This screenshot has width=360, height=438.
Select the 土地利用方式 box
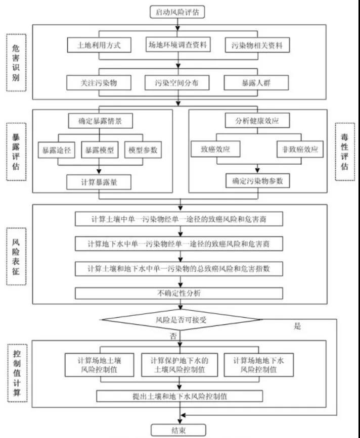(x=99, y=45)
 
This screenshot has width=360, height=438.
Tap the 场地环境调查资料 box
(x=177, y=45)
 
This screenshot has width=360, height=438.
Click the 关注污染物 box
(x=99, y=82)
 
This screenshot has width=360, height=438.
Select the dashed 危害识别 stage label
(x=17, y=63)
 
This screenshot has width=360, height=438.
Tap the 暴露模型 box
(x=99, y=150)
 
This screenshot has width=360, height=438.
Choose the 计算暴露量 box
(x=99, y=181)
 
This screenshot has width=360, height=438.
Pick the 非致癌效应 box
(x=300, y=150)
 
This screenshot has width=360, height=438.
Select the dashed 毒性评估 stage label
(x=344, y=151)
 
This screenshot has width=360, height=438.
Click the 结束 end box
(x=178, y=430)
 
